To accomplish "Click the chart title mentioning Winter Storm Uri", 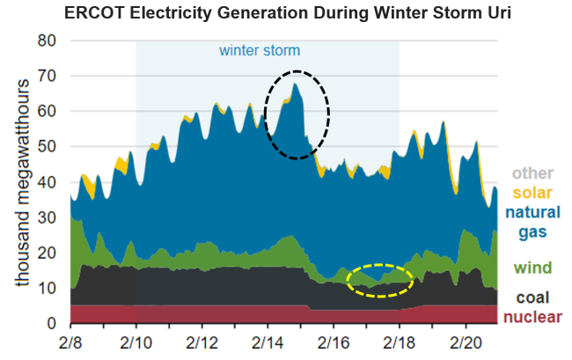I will [x=285, y=14].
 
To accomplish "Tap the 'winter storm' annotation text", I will [x=260, y=50].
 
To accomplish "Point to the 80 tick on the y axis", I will [x=47, y=40].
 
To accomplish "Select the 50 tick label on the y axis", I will [x=47, y=147].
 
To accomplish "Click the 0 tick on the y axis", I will [x=52, y=324].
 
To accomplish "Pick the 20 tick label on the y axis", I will [x=47, y=253].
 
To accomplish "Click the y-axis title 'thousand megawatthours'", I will [x=19, y=181].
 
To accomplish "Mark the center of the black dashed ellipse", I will [x=297, y=114].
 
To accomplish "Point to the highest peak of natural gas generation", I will [x=296, y=84].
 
